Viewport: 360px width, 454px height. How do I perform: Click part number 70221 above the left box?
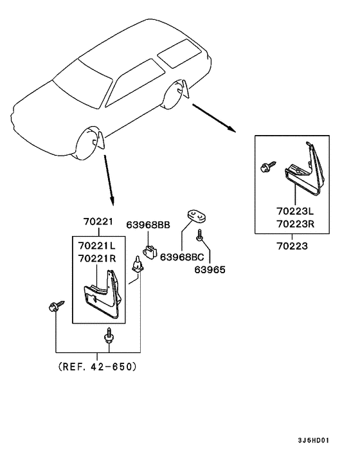coord(98,221)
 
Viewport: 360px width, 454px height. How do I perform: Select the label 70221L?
coord(96,246)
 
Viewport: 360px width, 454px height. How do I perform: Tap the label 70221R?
coord(97,258)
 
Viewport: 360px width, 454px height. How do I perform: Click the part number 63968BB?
coord(148,224)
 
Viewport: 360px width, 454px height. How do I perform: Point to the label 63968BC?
coord(182,257)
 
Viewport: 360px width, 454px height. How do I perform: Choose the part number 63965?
coord(210,269)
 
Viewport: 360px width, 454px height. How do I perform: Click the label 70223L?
coord(295,211)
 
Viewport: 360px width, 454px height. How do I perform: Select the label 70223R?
coord(296,224)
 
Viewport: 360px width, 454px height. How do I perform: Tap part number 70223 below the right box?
coord(292,246)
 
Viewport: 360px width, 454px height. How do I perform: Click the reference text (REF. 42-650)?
coord(97,367)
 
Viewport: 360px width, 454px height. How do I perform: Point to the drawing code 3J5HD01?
coord(314,440)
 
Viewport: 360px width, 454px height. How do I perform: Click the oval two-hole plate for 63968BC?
coord(195,216)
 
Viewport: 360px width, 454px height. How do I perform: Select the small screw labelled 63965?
coord(199,235)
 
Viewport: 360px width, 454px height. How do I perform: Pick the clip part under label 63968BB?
coord(150,252)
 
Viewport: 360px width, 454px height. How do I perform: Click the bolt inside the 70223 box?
coord(268,167)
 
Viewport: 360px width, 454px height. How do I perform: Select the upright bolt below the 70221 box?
coord(109,336)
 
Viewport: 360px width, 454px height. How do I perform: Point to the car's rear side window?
coord(179,53)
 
